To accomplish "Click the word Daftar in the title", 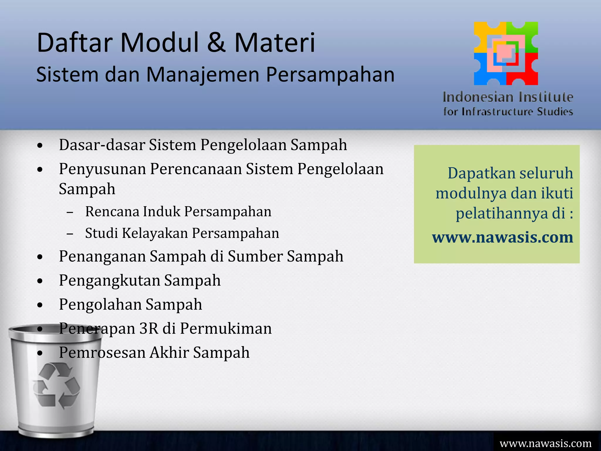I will tap(75, 43).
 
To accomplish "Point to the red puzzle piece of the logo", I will tap(527, 72).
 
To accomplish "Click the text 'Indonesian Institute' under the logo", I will tap(508, 97).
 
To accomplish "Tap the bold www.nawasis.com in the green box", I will tap(502, 237).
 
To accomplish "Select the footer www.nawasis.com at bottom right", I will tap(546, 443).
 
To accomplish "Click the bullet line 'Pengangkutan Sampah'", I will tap(140, 280).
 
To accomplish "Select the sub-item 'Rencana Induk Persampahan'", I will tap(178, 212).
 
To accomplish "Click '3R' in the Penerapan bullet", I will tap(149, 329).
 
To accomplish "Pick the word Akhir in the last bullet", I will tap(169, 353).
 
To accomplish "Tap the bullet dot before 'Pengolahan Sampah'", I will tap(40, 305).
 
